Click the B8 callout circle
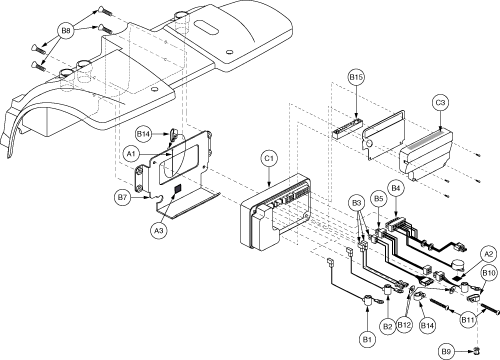click(66, 31)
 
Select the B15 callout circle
click(356, 77)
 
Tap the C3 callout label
click(440, 103)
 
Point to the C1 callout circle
click(269, 159)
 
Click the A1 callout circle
click(131, 154)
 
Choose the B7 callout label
click(122, 197)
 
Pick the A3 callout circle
click(159, 230)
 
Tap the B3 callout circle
click(357, 203)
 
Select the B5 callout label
click(378, 199)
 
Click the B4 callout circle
click(395, 188)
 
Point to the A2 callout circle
click(488, 255)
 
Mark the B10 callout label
click(488, 274)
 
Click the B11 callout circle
click(468, 320)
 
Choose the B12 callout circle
click(404, 325)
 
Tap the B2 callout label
click(387, 326)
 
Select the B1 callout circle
click(367, 339)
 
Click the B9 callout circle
click(446, 351)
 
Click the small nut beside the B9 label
click(477, 350)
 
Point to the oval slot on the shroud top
click(206, 27)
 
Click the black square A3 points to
click(178, 188)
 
